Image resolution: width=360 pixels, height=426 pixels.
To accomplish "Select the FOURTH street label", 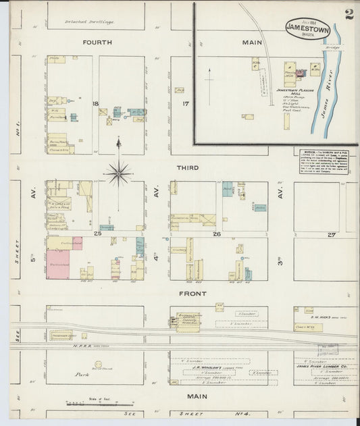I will (x=97, y=43).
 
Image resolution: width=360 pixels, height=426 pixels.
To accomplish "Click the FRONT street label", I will (x=192, y=294).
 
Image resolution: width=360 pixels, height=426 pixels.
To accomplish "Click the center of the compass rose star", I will (x=119, y=174).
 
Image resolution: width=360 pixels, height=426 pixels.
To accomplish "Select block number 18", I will (x=96, y=103).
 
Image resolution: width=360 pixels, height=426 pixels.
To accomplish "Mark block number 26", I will (x=217, y=234).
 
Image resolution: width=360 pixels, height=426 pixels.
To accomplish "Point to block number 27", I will (x=331, y=234).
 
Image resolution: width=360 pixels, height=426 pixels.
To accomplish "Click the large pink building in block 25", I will (x=58, y=265).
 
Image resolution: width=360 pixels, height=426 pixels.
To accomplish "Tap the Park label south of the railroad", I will (x=82, y=373).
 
